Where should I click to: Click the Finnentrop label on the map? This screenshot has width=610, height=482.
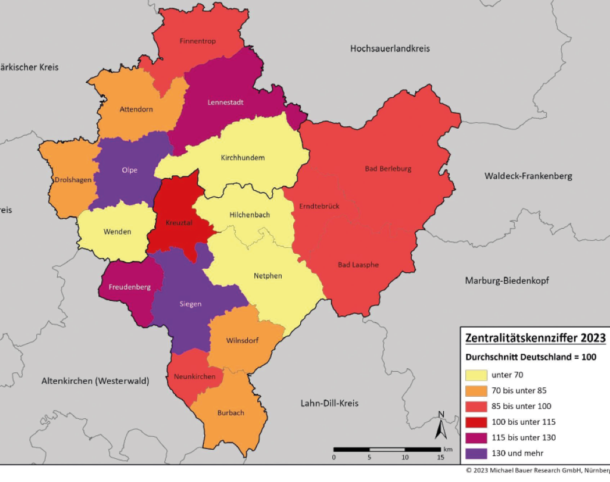point(198,41)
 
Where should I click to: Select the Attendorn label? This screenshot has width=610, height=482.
point(136,110)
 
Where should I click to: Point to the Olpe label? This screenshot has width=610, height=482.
point(129,170)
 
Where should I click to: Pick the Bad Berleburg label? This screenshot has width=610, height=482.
point(388,169)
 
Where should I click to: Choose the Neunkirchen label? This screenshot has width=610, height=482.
point(194,377)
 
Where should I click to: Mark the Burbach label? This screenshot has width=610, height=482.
point(231,413)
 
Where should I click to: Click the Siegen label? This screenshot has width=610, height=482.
point(191,304)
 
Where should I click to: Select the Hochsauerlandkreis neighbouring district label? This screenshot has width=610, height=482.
point(390,48)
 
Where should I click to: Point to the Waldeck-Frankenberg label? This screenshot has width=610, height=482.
point(528,176)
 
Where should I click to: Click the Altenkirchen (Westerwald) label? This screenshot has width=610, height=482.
point(95,381)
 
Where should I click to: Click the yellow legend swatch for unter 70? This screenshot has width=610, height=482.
point(474,375)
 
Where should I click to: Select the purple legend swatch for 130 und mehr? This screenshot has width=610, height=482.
point(474,453)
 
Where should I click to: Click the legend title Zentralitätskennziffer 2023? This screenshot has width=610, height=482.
point(535,338)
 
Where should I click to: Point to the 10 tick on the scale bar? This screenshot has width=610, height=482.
point(405,457)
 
